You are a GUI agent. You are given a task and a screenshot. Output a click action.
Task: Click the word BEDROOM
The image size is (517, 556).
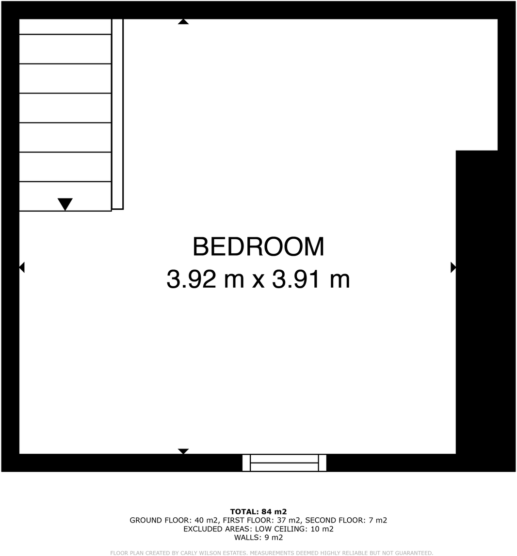point(258,247)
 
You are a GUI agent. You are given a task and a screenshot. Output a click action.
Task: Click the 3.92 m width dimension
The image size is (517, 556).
point(206,279)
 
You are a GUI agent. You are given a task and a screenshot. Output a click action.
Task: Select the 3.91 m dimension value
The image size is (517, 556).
point(311,279)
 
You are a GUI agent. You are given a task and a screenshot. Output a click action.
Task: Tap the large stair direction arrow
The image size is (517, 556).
point(65,204)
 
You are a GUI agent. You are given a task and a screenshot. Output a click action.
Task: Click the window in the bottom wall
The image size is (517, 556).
point(284,463)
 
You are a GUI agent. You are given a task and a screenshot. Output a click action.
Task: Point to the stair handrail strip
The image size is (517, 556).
point(117,114)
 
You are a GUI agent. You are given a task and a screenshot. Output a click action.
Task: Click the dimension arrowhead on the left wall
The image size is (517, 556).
point(22,267)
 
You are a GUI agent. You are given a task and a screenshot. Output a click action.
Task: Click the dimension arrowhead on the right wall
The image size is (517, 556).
point(453,267)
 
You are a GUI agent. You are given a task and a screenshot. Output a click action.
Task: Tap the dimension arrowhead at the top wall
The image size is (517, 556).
point(183,22)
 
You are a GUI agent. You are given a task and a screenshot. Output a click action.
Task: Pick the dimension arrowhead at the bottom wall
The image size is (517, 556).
point(183,451)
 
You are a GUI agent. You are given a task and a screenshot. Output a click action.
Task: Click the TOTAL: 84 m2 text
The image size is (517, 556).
point(258,511)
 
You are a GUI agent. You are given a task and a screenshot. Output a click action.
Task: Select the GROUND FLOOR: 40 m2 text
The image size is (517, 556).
point(173,521)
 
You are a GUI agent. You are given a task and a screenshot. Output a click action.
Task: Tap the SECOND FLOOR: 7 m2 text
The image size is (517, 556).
point(346,521)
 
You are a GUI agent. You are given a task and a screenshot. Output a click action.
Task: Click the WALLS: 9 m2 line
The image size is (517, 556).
point(258,538)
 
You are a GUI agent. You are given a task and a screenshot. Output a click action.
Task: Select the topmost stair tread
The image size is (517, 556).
point(65,27)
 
